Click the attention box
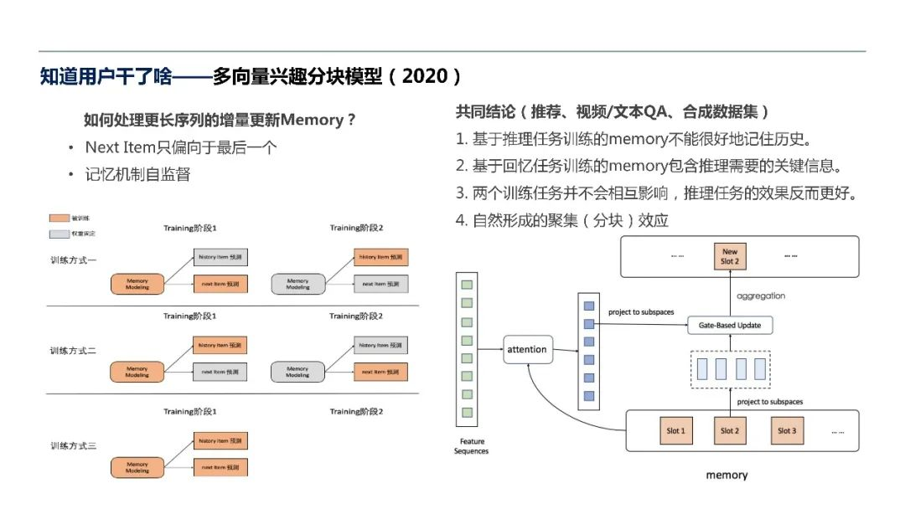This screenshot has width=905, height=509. click(527, 349)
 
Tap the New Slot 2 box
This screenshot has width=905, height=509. click(730, 256)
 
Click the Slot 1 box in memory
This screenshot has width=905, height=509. click(675, 431)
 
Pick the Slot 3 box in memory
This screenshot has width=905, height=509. click(786, 431)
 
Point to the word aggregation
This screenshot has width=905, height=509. click(761, 296)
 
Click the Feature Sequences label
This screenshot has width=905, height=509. click(471, 446)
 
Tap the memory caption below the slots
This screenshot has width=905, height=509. click(727, 475)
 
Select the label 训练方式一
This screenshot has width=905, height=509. click(73, 260)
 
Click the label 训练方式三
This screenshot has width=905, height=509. click(73, 445)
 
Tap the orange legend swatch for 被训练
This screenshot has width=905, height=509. click(59, 218)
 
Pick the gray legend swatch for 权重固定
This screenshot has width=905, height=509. click(59, 234)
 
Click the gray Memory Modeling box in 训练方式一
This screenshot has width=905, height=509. click(297, 284)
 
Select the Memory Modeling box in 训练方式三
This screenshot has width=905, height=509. click(137, 467)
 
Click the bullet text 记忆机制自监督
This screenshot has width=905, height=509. click(137, 174)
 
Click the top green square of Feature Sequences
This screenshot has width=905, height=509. click(468, 285)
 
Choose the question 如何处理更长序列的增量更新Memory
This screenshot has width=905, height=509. click(220, 120)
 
